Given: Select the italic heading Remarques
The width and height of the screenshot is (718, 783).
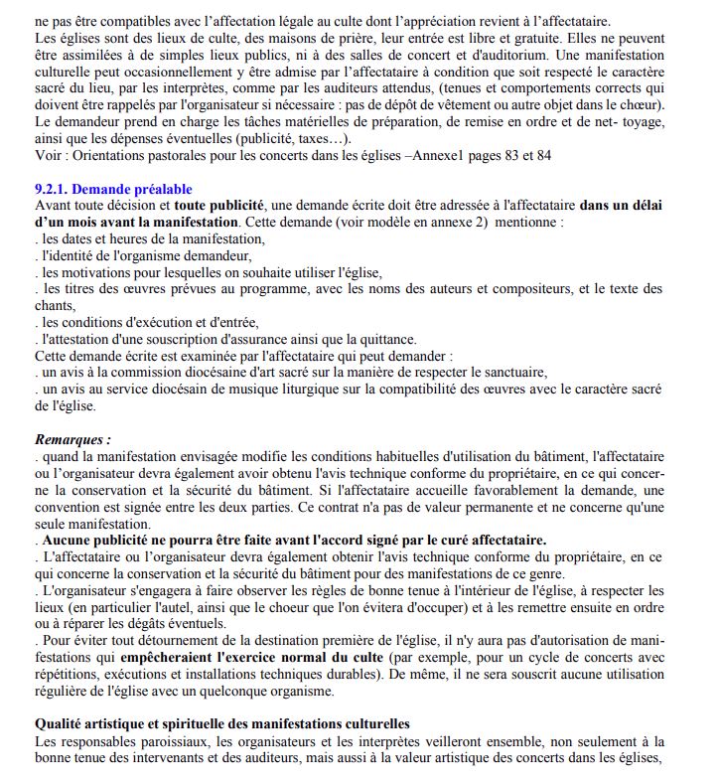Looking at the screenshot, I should coord(72,439).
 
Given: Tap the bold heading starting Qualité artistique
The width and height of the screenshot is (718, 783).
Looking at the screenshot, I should coord(221,724).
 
